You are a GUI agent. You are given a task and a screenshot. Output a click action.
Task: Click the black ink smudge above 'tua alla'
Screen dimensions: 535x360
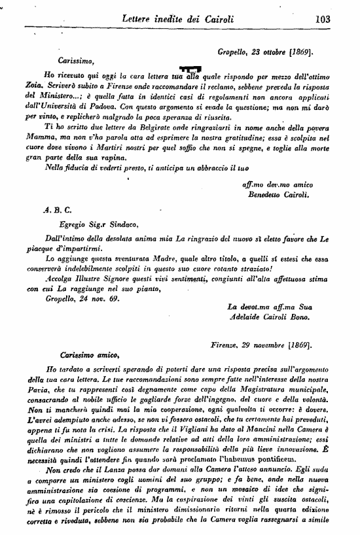pyautogui.click(x=190, y=69)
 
